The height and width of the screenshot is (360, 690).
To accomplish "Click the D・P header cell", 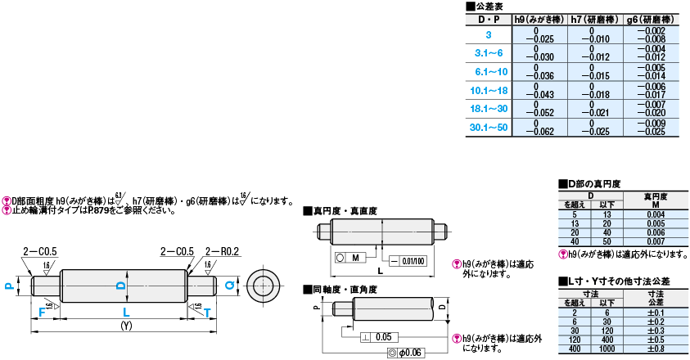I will pos(488,18).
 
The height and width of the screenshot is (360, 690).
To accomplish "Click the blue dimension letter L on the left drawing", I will pos(125,312).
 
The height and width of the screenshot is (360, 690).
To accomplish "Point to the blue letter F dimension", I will pos(40,312).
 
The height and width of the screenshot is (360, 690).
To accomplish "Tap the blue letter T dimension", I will pos(206,312).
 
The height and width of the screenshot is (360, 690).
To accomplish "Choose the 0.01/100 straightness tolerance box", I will pos(413,260).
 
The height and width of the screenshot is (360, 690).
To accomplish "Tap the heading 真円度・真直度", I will pos(344,210).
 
